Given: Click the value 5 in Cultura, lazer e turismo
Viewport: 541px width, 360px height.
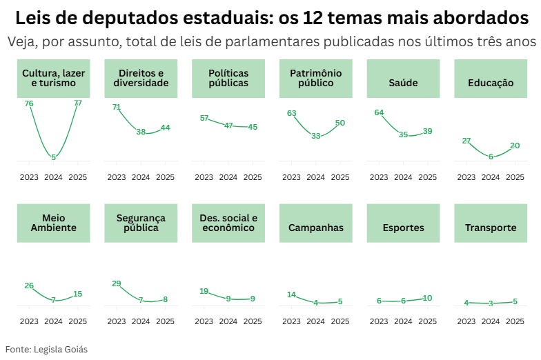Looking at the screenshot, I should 53,157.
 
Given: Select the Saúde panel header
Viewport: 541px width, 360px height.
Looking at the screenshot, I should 403,78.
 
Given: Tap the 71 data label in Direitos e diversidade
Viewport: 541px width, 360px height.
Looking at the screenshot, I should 117,108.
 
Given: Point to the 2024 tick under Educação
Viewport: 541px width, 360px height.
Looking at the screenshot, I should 491,177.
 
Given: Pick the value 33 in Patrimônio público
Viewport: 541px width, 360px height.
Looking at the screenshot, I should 315,136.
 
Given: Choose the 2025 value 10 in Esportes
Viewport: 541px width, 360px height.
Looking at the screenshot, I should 428,298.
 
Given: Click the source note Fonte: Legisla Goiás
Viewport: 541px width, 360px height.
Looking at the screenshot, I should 46,349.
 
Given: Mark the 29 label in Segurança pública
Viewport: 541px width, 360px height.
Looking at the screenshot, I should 117,283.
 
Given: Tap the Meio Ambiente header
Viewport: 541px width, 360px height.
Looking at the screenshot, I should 53,223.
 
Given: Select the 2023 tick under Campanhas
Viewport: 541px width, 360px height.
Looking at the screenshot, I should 291,321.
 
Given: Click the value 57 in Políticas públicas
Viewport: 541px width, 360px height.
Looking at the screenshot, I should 204,118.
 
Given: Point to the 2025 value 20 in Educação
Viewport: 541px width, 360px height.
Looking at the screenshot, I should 515,146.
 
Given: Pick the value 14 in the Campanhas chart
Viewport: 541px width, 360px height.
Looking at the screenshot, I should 291,294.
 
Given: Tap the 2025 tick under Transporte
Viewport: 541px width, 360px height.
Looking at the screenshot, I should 515,321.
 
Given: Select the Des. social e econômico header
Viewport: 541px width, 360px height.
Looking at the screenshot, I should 228,223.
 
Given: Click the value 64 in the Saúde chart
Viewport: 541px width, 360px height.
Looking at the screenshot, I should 379,112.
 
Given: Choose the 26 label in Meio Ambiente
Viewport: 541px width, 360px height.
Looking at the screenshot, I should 29,286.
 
